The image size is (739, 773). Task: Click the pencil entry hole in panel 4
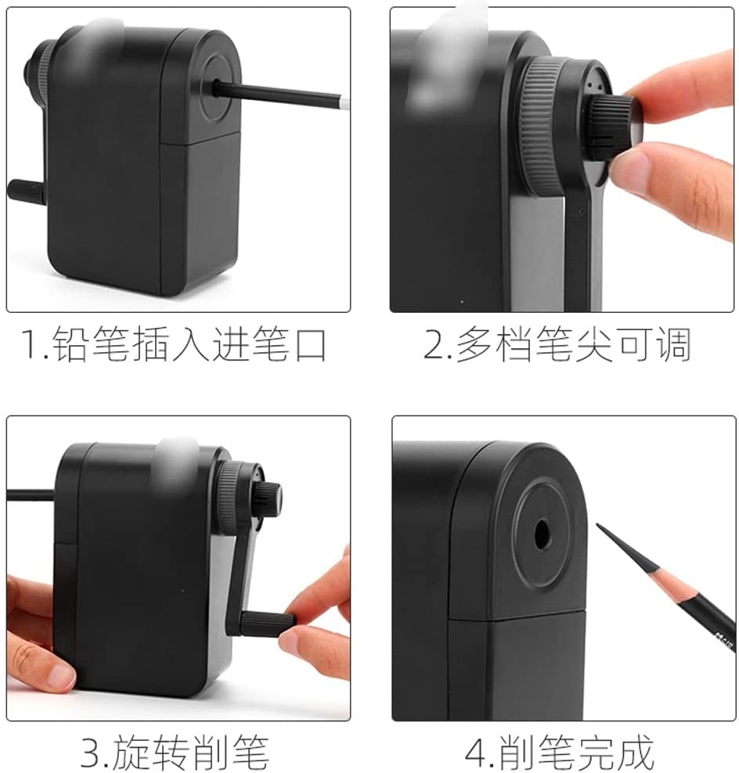[542, 534]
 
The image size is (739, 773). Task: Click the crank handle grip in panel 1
[26, 191]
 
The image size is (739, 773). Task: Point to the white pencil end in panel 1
[344, 103]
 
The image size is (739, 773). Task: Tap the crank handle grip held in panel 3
[267, 623]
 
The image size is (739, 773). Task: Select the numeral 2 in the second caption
[434, 343]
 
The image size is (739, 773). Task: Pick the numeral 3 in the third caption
[92, 753]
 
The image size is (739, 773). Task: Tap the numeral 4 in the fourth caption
[477, 753]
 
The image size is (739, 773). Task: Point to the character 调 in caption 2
[673, 343]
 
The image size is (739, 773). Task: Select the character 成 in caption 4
[636, 753]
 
